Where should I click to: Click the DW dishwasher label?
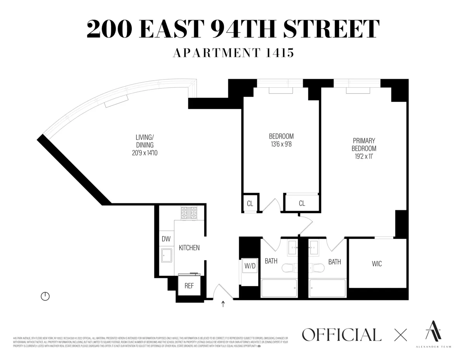pyautogui.click(x=166, y=239)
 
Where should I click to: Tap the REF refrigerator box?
pyautogui.click(x=189, y=286)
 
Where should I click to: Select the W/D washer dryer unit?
pyautogui.click(x=250, y=266)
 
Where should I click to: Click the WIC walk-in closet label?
pyautogui.click(x=377, y=264)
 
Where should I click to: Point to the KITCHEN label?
pyautogui.click(x=189, y=247)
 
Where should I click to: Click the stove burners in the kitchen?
pyautogui.click(x=189, y=212)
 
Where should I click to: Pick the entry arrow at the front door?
pyautogui.click(x=223, y=304)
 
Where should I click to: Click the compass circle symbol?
pyautogui.click(x=45, y=296)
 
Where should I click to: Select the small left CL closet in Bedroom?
pyautogui.click(x=250, y=203)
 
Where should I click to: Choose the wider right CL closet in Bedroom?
pyautogui.click(x=302, y=203)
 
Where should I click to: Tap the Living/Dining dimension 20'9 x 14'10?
pyautogui.click(x=144, y=153)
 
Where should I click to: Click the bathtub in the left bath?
pyautogui.click(x=278, y=289)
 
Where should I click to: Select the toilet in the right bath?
pyautogui.click(x=317, y=268)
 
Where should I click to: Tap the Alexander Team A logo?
pyautogui.click(x=432, y=332)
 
